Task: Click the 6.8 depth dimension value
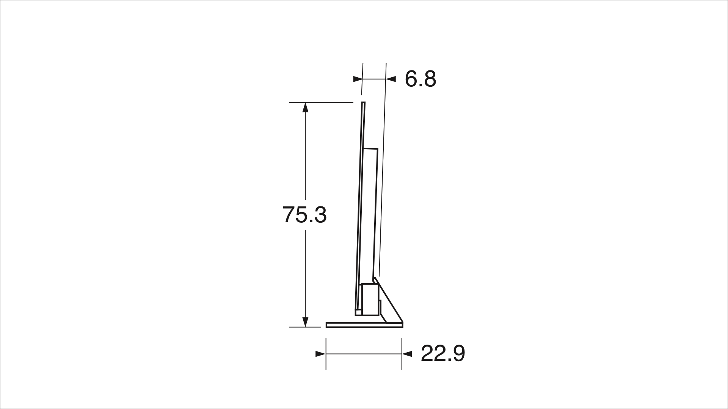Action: pyautogui.click(x=420, y=79)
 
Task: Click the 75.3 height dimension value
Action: pyautogui.click(x=304, y=215)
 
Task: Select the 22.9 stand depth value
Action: pyautogui.click(x=443, y=354)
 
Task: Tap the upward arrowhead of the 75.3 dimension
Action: pyautogui.click(x=305, y=108)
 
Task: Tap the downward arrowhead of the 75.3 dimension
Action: pyautogui.click(x=305, y=322)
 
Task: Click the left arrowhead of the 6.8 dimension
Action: pyautogui.click(x=357, y=79)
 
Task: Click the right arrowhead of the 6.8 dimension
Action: pyautogui.click(x=391, y=79)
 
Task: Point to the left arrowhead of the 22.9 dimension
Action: pyautogui.click(x=320, y=354)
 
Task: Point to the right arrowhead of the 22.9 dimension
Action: pyautogui.click(x=407, y=354)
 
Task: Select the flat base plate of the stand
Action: pyautogui.click(x=364, y=325)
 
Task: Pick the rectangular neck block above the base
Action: pyautogui.click(x=370, y=299)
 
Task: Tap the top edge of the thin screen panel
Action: pyautogui.click(x=363, y=103)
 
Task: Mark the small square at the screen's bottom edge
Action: pyautogui.click(x=358, y=313)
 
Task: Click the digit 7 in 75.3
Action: pyautogui.click(x=289, y=215)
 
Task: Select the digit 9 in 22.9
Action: pyautogui.click(x=458, y=354)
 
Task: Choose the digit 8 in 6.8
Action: pyautogui.click(x=430, y=79)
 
